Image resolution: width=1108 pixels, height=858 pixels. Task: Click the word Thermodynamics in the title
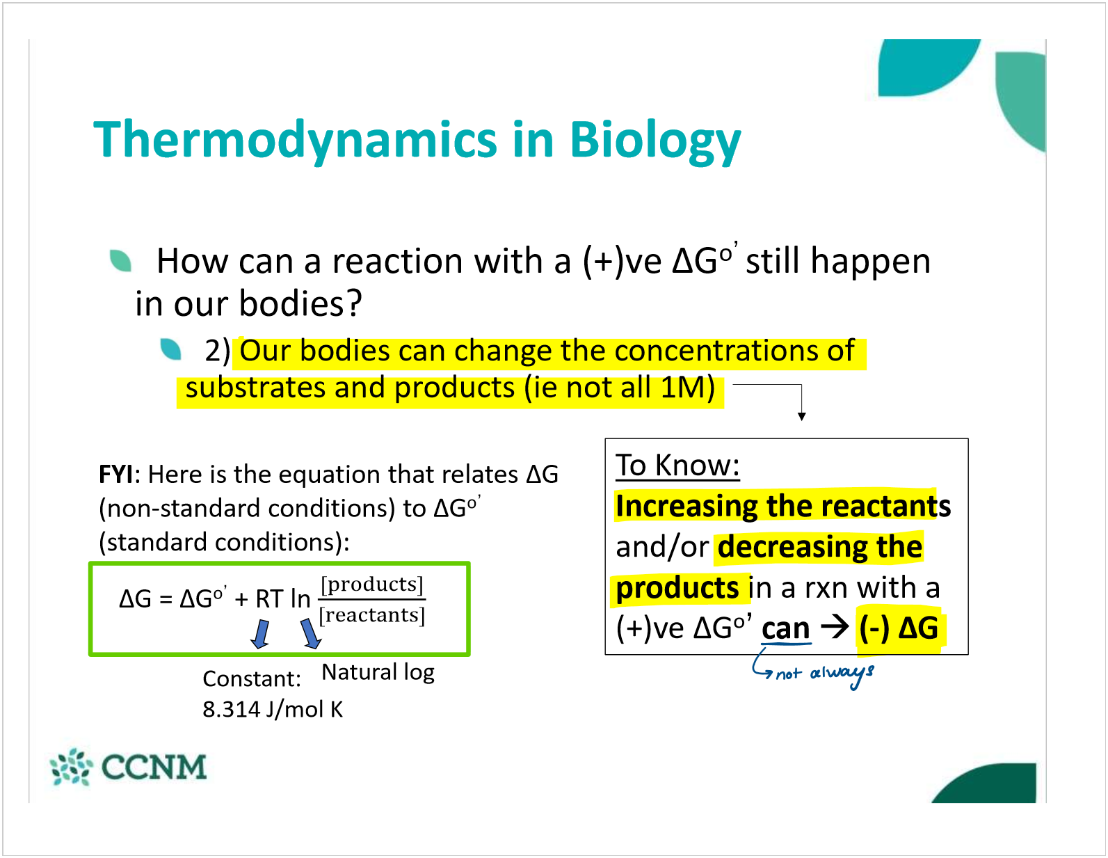click(x=295, y=141)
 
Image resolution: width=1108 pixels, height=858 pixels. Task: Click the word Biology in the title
click(x=655, y=141)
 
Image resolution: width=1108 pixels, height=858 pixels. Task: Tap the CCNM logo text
click(x=154, y=767)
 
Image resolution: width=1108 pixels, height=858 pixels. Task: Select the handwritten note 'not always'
click(x=824, y=674)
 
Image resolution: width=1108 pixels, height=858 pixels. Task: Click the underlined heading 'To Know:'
click(x=677, y=466)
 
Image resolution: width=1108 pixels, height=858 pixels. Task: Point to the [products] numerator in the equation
click(x=371, y=585)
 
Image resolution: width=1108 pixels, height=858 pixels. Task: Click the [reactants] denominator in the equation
click(x=371, y=616)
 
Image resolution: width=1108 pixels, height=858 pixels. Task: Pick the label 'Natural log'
click(x=378, y=672)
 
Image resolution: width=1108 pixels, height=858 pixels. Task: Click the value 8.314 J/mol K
click(x=273, y=710)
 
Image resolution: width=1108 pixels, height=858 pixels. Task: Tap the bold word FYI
click(x=116, y=475)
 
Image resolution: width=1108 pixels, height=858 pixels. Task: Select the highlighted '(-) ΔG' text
click(x=899, y=628)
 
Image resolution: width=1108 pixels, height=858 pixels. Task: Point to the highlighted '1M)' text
click(x=687, y=388)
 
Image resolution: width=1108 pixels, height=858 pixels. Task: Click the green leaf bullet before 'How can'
click(x=120, y=261)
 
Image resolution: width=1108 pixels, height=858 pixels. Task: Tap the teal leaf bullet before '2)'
click(x=170, y=350)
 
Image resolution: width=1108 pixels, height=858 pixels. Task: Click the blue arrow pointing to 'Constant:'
click(x=261, y=634)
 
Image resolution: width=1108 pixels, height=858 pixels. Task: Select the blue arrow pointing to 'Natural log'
click(x=310, y=634)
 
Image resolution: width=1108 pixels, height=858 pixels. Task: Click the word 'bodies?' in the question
click(x=300, y=304)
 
